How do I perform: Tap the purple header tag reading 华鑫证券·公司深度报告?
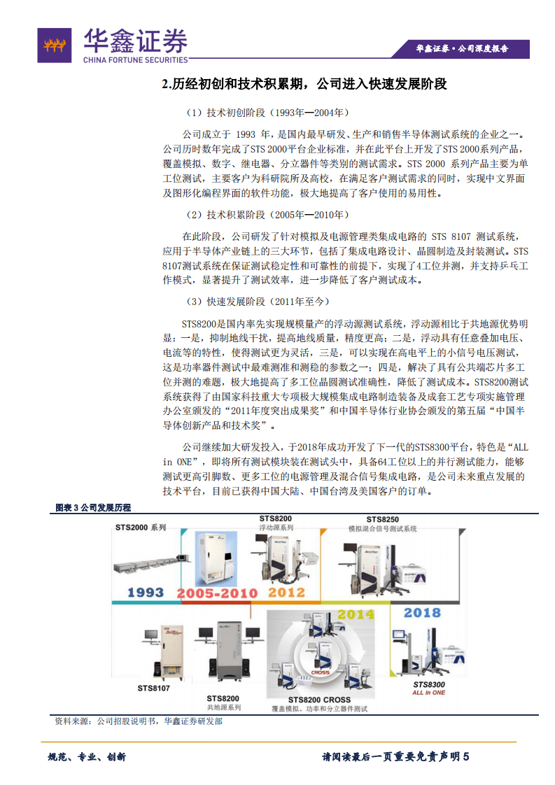click(462, 48)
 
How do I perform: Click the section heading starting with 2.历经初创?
click(304, 85)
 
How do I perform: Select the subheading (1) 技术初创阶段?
click(267, 113)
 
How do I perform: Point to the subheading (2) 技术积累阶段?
click(267, 215)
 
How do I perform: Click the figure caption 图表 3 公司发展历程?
click(93, 507)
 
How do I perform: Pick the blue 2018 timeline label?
click(423, 614)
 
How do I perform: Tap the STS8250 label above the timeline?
click(383, 519)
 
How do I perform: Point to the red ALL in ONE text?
click(429, 692)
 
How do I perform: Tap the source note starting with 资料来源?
click(138, 721)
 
